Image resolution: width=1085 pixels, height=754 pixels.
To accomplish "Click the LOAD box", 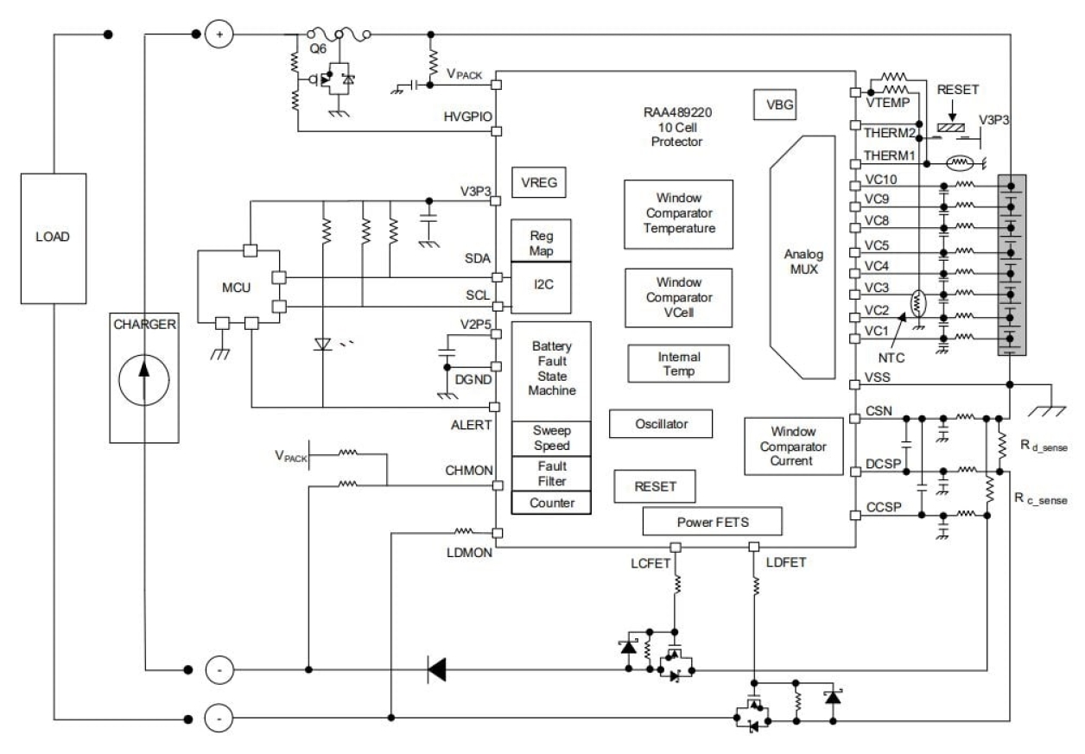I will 54,238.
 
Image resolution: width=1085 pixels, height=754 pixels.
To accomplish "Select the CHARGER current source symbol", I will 143,378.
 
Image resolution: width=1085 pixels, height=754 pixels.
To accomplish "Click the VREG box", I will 538,182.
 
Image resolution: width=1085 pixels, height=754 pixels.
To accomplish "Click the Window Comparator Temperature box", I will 678,214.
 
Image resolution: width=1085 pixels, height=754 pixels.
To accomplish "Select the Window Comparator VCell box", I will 678,297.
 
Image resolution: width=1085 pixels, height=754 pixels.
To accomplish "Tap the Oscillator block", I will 660,423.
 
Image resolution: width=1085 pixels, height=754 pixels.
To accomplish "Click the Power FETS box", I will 713,521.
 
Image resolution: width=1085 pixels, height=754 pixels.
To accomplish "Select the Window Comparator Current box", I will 792,446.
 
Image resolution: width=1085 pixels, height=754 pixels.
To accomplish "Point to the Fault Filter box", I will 550,473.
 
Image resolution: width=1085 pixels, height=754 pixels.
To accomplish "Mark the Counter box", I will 550,503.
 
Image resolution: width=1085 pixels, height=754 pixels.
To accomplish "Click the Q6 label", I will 319,49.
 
